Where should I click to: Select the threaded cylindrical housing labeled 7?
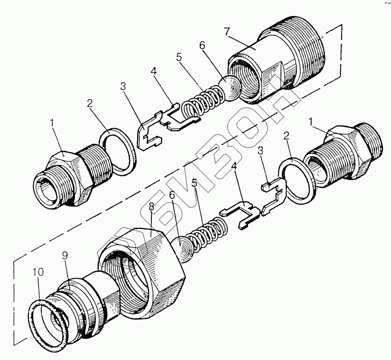tap(284, 62)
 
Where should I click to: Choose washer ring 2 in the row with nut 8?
tap(296, 180)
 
